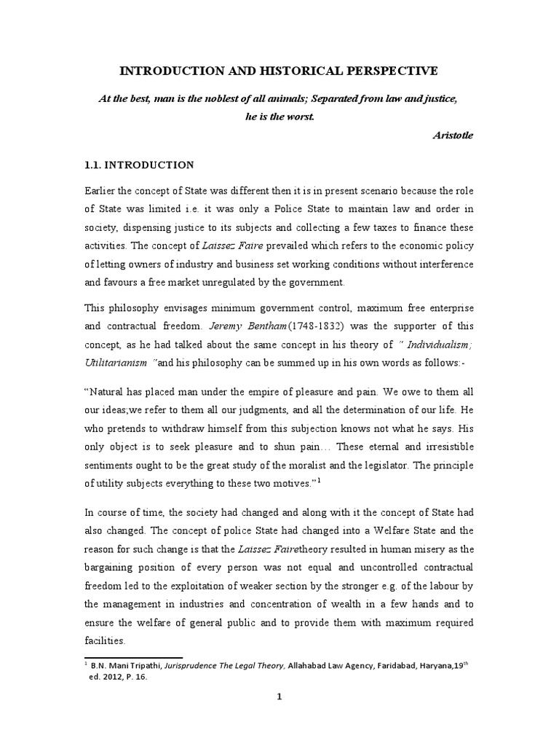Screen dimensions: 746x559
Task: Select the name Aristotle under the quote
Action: (x=453, y=136)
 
